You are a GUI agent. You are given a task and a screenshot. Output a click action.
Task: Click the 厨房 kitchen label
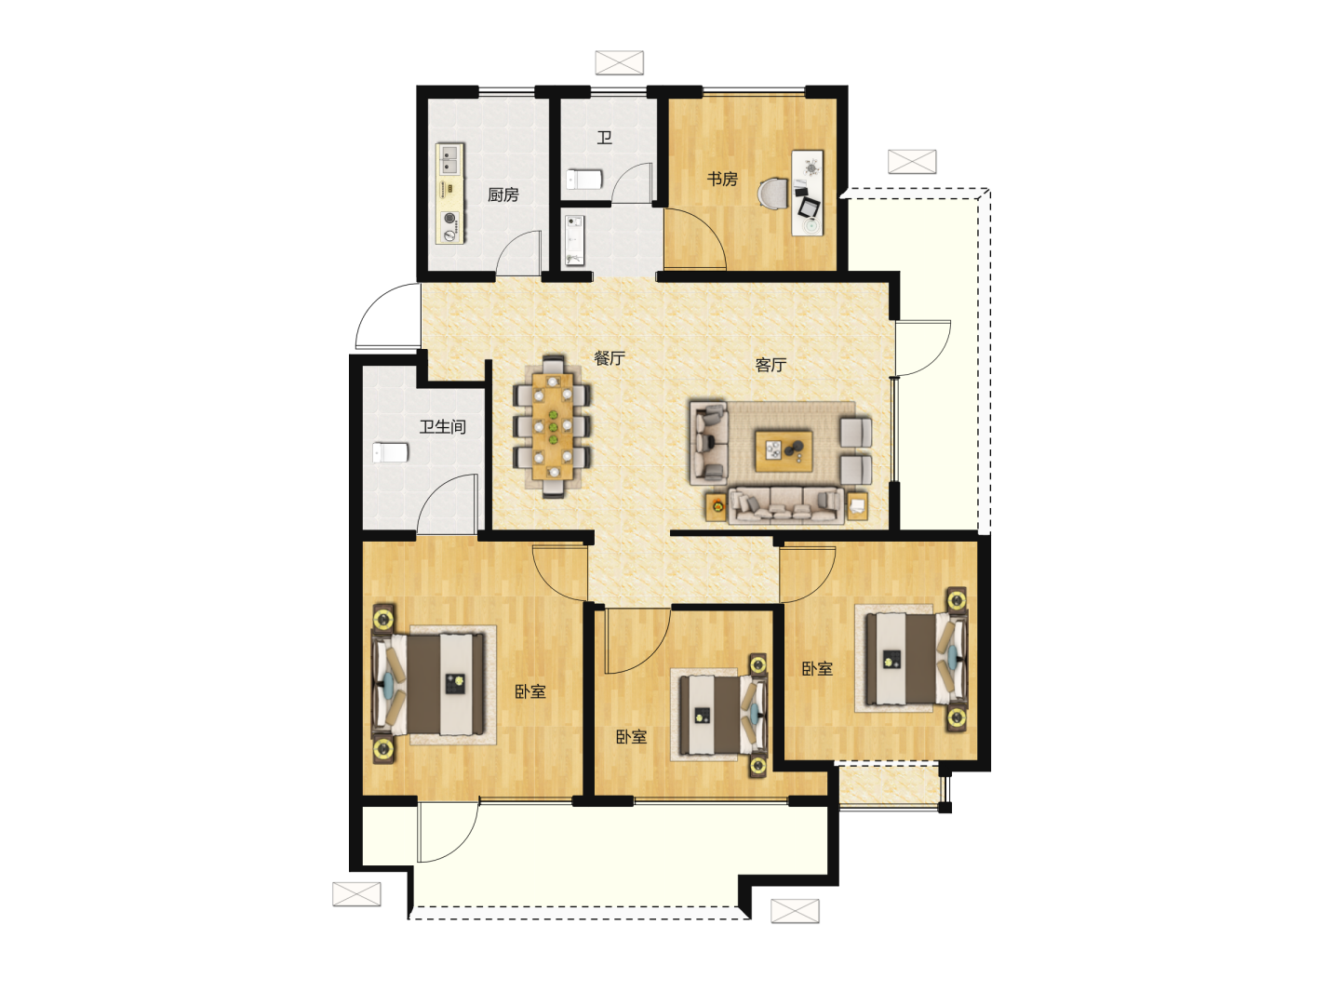503,194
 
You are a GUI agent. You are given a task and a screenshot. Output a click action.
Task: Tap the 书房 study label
722,179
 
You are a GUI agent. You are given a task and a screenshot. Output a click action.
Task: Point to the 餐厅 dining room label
610,358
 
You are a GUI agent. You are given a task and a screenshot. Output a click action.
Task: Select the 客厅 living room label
770,365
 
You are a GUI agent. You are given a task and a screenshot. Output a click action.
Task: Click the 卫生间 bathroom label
443,426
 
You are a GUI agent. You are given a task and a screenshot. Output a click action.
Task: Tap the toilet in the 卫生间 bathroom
390,453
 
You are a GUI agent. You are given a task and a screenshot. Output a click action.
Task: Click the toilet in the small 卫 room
584,180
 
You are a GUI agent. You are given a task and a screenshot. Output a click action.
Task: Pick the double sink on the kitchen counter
449,158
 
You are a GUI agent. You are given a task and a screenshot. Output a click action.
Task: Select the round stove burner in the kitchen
450,218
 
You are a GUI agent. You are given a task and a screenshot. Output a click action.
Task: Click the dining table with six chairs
553,426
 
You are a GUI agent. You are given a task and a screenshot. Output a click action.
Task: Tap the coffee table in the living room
784,451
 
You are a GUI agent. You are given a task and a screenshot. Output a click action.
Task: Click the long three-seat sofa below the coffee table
786,505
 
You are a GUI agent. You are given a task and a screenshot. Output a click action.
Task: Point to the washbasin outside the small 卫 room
574,240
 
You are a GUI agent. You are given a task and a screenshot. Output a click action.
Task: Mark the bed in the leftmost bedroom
429,684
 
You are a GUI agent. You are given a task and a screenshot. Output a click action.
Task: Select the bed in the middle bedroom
723,716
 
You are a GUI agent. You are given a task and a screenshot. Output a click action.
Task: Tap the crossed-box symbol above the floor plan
619,63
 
